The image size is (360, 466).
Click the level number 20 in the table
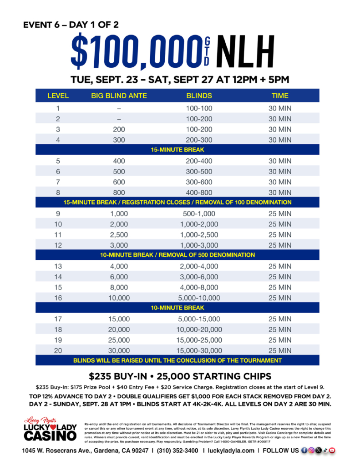[x=58, y=350]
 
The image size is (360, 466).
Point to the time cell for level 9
[x=279, y=214]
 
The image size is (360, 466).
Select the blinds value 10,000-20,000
[x=199, y=329]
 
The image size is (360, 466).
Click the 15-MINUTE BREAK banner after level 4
[x=177, y=150]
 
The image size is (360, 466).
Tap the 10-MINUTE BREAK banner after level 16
[x=177, y=308]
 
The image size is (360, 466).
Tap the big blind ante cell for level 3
[x=118, y=129]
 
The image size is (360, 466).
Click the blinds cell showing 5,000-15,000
[x=199, y=319]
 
